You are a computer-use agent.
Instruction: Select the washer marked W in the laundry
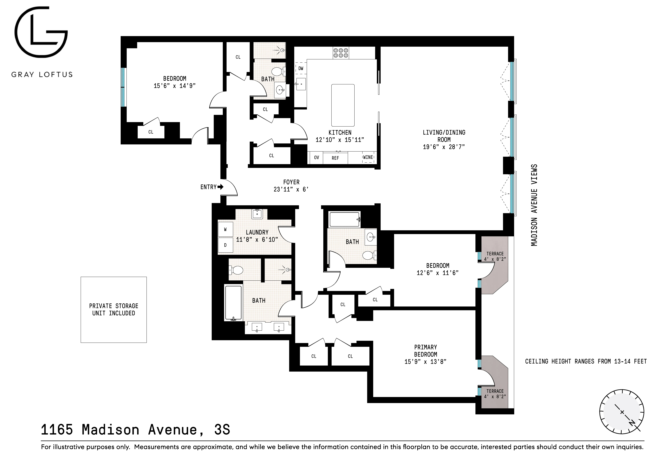(x=225, y=230)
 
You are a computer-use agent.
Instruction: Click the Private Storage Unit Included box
(x=113, y=310)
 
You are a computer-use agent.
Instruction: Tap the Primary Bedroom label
(x=425, y=351)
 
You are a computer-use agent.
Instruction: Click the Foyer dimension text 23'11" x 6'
(x=291, y=189)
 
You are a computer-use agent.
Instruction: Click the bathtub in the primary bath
(x=233, y=303)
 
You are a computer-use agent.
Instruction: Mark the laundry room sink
(x=257, y=214)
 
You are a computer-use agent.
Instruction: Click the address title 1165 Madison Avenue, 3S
(x=135, y=430)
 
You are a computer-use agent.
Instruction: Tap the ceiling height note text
(x=586, y=361)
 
